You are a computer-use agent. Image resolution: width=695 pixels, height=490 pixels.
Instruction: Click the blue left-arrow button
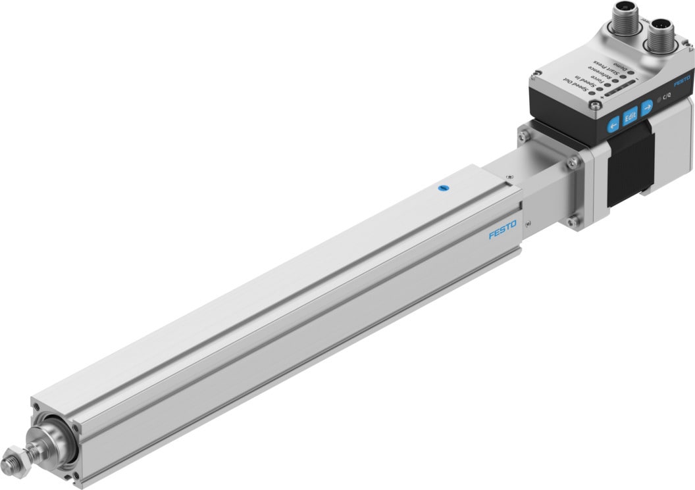pos(613,123)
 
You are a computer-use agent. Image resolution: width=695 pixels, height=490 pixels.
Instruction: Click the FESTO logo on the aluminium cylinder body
pos(502,230)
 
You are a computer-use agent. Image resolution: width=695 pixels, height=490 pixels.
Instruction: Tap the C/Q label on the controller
pos(666,97)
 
